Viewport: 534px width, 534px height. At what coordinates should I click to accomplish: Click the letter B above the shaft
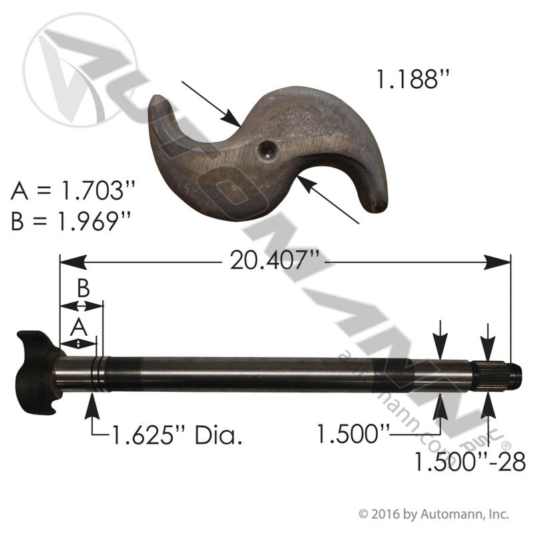pyautogui.click(x=82, y=290)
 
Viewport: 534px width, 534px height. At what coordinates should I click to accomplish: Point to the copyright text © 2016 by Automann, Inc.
pyautogui.click(x=434, y=514)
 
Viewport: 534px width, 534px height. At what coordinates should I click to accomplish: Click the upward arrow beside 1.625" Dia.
pyautogui.click(x=91, y=403)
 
